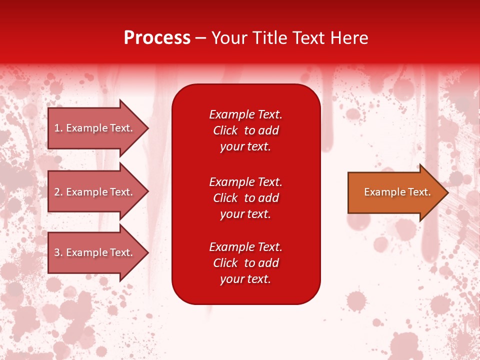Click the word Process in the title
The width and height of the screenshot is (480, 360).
tap(157, 38)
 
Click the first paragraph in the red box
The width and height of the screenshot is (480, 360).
tap(245, 130)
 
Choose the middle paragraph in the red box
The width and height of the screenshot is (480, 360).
tap(245, 198)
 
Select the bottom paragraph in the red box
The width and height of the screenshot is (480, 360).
tap(245, 263)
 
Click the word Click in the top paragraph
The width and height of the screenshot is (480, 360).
tap(225, 130)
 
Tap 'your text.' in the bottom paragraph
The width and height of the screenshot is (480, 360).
tap(245, 279)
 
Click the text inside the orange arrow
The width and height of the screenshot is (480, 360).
tap(397, 192)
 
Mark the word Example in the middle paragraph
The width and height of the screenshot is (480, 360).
tap(231, 182)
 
